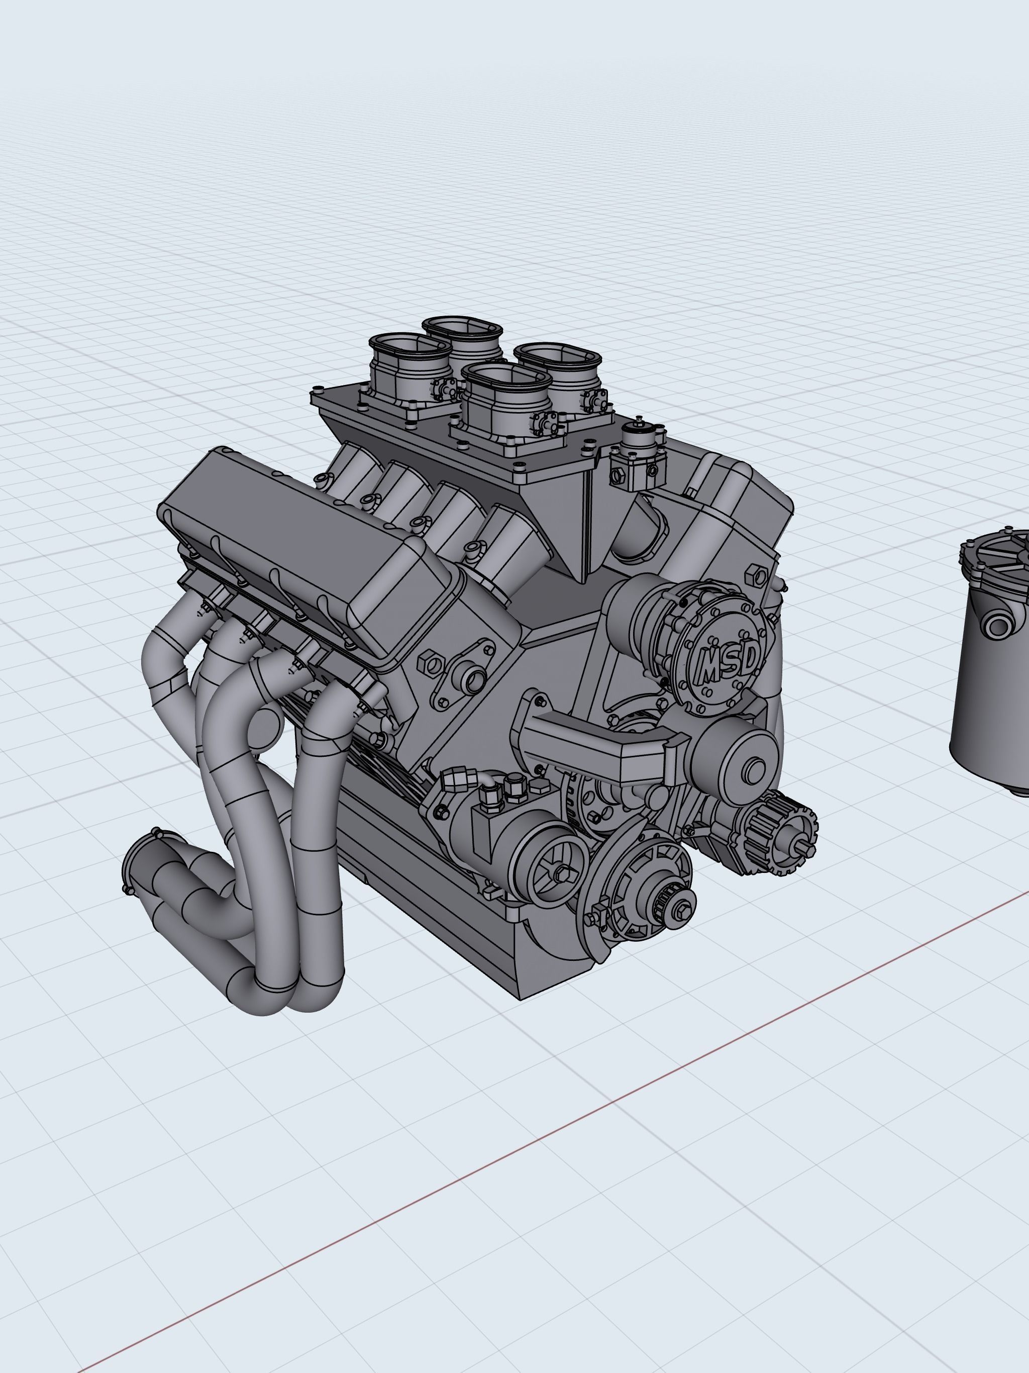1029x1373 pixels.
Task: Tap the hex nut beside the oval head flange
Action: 431,664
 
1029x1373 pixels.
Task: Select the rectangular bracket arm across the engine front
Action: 596,745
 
